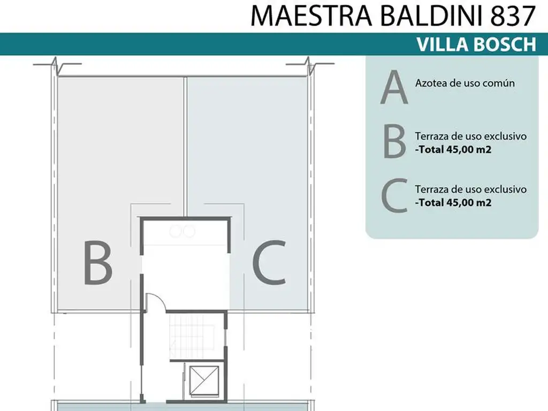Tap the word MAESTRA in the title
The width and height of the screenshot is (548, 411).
311,16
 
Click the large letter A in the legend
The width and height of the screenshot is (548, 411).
394,87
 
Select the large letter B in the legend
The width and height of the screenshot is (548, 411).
394,141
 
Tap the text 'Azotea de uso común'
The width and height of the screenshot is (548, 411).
465,83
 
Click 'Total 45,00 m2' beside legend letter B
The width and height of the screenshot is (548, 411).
454,150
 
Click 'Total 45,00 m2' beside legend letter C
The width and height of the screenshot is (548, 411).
454,203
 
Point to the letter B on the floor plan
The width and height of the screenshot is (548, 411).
97,262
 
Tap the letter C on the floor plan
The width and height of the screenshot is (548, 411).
269,262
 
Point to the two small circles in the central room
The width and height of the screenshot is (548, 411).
182,231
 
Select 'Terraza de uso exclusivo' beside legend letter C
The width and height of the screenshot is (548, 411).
471,189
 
